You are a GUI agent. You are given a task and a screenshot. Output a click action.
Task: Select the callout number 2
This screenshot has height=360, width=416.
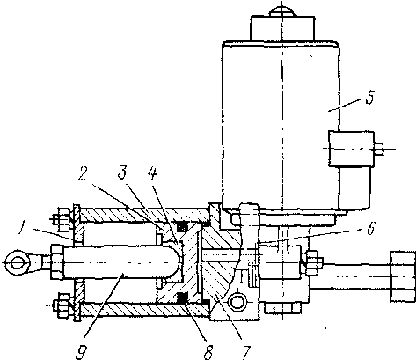[x=84, y=174]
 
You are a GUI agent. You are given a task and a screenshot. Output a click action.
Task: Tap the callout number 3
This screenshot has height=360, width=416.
[x=122, y=173]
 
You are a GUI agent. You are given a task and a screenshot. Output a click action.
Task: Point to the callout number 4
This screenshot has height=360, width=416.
[x=152, y=173]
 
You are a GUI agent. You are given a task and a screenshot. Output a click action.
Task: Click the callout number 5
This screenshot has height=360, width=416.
[x=370, y=98]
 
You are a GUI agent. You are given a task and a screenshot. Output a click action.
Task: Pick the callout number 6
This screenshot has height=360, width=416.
[x=370, y=228]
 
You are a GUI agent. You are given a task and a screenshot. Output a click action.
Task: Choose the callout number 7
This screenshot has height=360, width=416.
[x=245, y=352]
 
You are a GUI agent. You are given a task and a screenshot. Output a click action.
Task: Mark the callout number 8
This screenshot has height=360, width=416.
[x=208, y=352]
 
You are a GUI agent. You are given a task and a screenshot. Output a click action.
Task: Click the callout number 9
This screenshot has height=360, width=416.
[x=81, y=352]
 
